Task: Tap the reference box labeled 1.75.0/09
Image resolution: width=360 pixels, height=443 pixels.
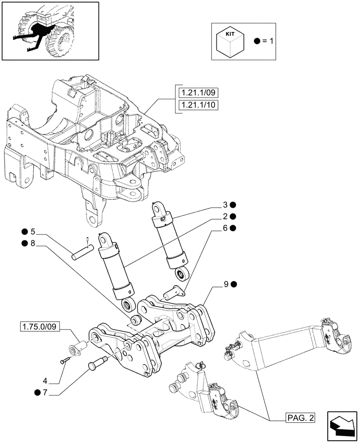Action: pyautogui.click(x=39, y=327)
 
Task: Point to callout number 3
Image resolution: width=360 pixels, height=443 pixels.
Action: pyautogui.click(x=225, y=205)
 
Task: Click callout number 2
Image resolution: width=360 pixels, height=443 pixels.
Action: pyautogui.click(x=225, y=217)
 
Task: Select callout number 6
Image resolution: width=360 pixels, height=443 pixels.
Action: pyautogui.click(x=225, y=228)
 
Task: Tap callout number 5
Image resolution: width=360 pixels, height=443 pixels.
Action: pyautogui.click(x=32, y=232)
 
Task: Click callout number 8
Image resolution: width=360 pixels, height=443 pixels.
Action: pyautogui.click(x=32, y=243)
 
